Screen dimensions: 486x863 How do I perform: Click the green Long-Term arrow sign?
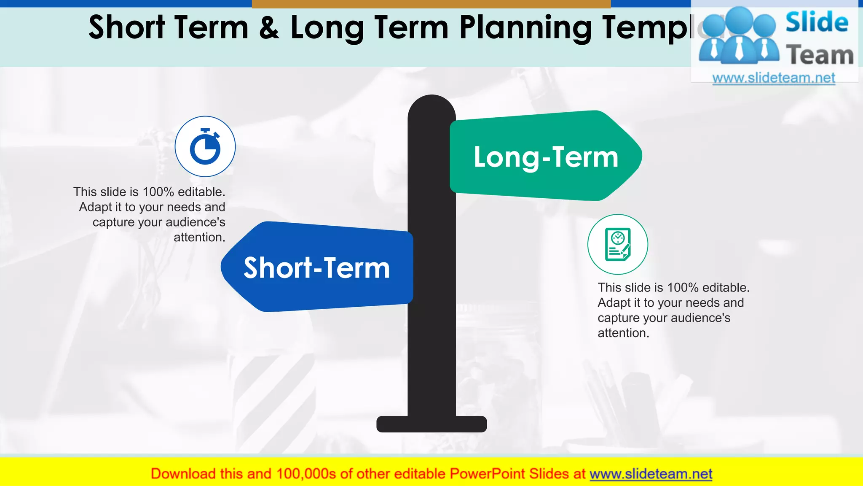click(546, 156)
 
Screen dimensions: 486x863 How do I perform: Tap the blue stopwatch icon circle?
click(205, 146)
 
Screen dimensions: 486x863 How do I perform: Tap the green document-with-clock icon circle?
click(618, 245)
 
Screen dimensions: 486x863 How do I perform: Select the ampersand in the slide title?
click(269, 28)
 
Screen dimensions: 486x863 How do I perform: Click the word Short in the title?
click(126, 28)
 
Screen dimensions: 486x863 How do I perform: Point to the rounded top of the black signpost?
click(431, 105)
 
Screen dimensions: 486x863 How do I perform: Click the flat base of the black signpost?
click(431, 424)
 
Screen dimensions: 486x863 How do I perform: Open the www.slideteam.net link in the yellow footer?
click(651, 474)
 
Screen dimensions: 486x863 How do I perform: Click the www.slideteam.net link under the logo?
click(774, 78)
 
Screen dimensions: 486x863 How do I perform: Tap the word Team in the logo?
click(820, 55)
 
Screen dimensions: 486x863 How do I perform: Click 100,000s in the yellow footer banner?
click(306, 474)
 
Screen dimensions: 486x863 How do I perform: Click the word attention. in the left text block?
click(199, 238)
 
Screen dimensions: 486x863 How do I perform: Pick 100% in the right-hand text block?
click(683, 288)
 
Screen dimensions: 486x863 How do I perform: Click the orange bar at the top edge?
click(431, 4)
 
